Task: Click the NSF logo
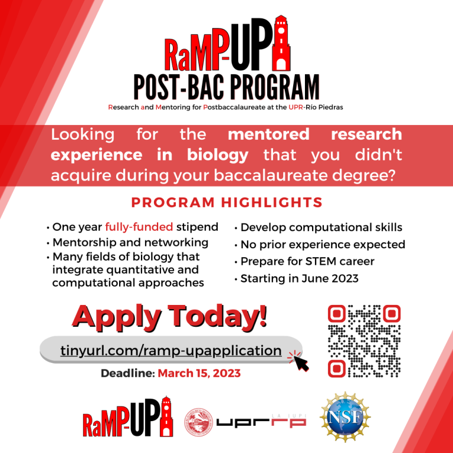pos(345,419)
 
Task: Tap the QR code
pos(363,341)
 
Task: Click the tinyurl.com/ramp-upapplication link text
pos(170,350)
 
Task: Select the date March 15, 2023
pos(199,373)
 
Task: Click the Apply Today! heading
pos(170,317)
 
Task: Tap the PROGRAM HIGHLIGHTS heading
pos(226,203)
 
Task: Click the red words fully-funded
pos(139,227)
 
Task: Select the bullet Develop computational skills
pos(321,227)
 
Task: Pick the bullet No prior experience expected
pos(323,244)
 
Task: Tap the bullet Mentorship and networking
pos(130,242)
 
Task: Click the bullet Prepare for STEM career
pos(307,261)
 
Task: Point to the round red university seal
pos(199,422)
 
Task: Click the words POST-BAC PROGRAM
pos(226,87)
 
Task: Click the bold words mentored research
pos(315,134)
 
